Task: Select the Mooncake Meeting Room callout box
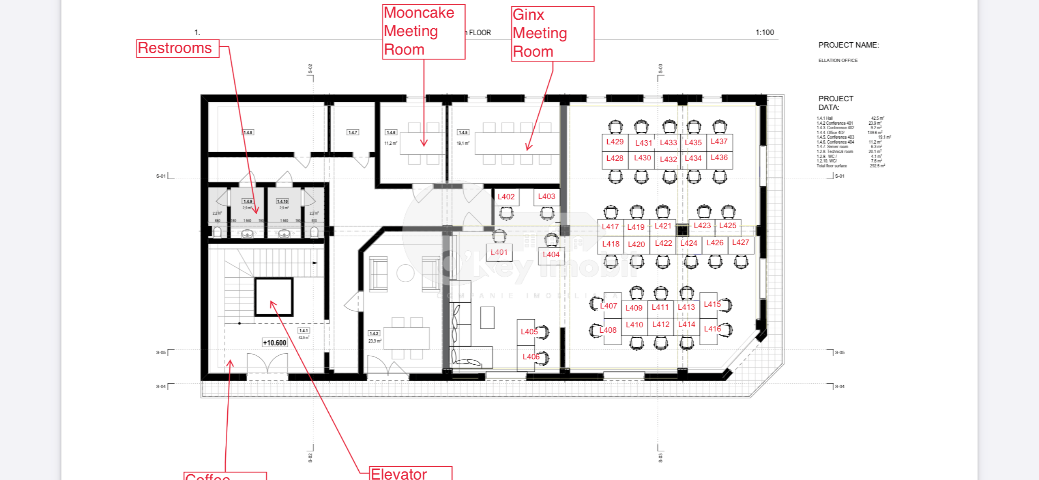coord(423,32)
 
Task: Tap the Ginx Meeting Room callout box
coord(552,34)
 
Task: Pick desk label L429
coord(615,142)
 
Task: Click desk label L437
coord(719,142)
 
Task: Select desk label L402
coord(506,197)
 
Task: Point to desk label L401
coord(499,252)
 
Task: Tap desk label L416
coord(712,329)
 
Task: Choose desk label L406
coord(531,357)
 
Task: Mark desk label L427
coord(741,242)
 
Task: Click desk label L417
coord(610,227)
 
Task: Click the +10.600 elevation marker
coord(275,343)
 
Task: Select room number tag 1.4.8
coord(248,133)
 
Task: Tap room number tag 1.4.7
coord(352,133)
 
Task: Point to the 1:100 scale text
coord(764,32)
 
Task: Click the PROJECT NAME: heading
coord(849,45)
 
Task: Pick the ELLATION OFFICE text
coord(838,60)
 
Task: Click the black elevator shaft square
coord(274,297)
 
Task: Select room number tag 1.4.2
coord(374,334)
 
